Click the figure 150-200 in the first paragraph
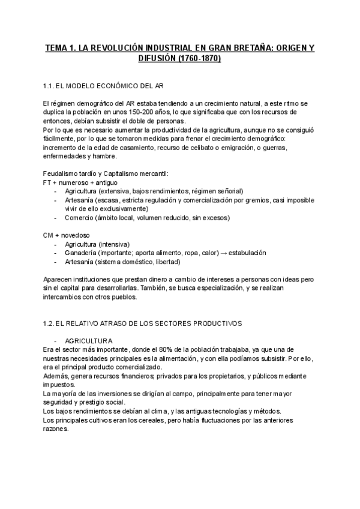click(151, 112)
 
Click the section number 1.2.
click(50, 324)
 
